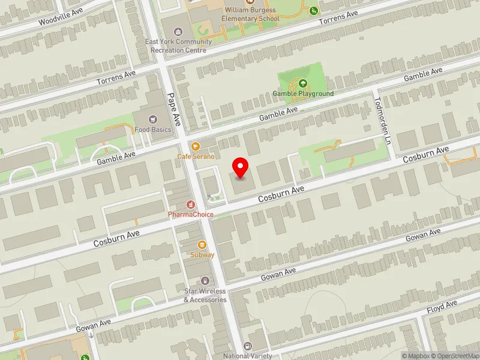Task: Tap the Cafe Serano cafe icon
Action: (195, 146)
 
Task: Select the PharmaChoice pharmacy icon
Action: (191, 205)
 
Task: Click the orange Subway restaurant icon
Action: (202, 244)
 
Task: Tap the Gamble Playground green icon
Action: (303, 84)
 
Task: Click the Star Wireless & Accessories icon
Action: (205, 281)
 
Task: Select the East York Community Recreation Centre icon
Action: (178, 31)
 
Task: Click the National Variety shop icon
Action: (248, 346)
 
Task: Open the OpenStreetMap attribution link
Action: (457, 356)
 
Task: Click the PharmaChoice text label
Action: (191, 214)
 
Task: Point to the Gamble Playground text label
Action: (303, 94)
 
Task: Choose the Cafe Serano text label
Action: (195, 156)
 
